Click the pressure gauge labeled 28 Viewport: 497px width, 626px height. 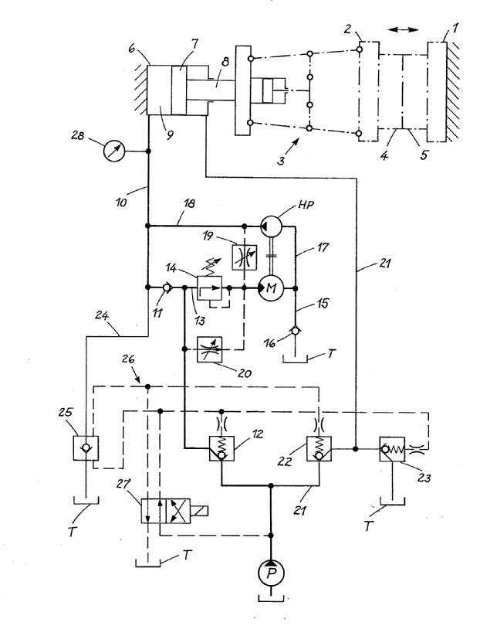point(111,151)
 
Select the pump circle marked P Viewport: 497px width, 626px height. point(270,573)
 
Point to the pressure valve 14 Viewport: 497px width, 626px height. point(211,289)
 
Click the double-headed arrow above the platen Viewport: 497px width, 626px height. point(401,29)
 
